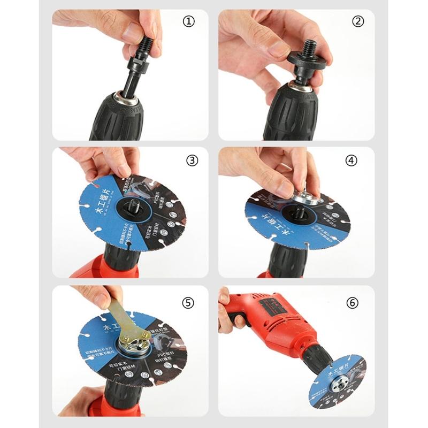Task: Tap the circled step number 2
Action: [x=357, y=22]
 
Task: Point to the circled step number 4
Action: [x=357, y=160]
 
